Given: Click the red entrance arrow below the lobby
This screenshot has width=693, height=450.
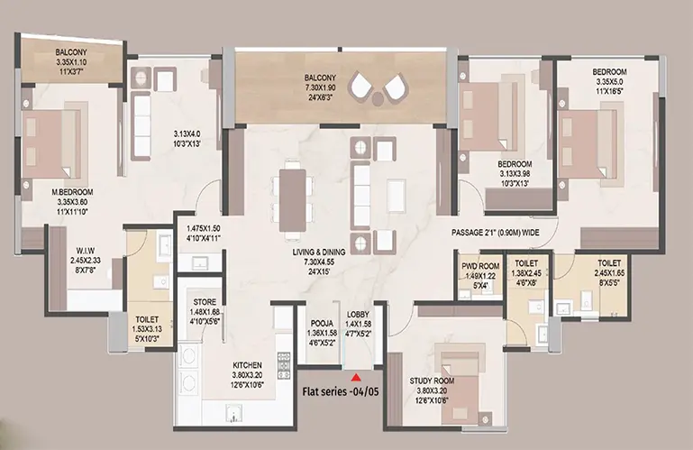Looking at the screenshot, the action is click(x=355, y=378).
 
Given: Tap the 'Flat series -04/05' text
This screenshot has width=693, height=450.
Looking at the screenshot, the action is click(x=341, y=391).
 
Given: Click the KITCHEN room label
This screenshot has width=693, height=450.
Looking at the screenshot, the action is click(x=247, y=365).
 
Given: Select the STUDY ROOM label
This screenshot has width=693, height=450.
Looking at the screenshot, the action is click(x=432, y=381).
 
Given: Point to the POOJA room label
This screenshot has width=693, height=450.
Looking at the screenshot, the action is click(x=322, y=324).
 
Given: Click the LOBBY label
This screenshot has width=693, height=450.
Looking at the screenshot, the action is click(x=358, y=315).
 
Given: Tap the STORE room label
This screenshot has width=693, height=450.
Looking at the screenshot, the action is click(x=205, y=302).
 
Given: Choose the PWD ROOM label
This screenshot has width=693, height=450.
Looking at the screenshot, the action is click(x=480, y=266).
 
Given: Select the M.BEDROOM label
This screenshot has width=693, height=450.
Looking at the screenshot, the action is click(x=72, y=192).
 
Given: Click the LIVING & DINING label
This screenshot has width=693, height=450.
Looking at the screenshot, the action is click(x=319, y=253).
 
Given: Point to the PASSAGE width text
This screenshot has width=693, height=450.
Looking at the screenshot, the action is click(x=495, y=233).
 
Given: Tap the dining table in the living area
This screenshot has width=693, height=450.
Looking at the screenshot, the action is click(x=293, y=200).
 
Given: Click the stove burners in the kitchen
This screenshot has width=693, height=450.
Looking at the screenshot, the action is click(x=284, y=365).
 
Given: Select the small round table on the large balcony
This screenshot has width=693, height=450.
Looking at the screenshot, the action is click(x=377, y=98).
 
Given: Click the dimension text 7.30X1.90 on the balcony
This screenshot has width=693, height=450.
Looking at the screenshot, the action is click(x=320, y=88).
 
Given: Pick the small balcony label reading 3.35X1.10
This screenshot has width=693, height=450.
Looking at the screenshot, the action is click(x=71, y=62).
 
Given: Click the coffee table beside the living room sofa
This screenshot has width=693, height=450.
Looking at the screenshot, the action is click(x=396, y=196).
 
